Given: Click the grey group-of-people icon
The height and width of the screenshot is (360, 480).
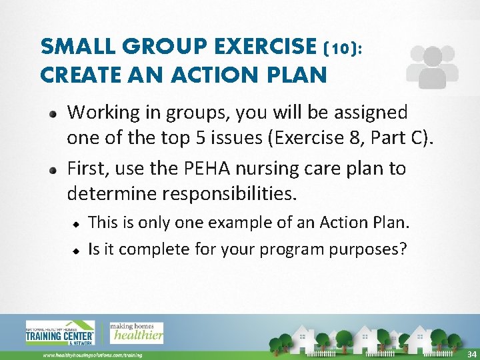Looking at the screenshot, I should pyautogui.click(x=431, y=67).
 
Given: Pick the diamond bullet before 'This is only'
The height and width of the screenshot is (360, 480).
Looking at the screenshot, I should pyautogui.click(x=77, y=223).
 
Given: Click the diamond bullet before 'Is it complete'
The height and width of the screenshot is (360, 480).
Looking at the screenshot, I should pyautogui.click(x=77, y=251).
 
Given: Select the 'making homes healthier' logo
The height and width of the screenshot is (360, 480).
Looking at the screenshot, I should pyautogui.click(x=136, y=333).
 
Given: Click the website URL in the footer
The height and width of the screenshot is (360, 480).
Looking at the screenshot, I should pyautogui.click(x=92, y=355).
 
